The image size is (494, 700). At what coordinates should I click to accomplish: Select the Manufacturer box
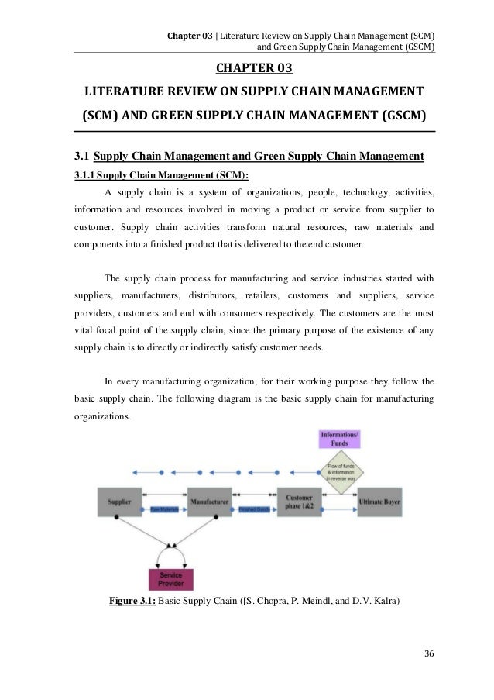[x=210, y=502]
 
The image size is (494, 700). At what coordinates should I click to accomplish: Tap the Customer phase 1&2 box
[x=299, y=502]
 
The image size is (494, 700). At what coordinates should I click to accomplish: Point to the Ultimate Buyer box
[x=385, y=502]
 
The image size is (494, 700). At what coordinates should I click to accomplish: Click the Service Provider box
[x=171, y=579]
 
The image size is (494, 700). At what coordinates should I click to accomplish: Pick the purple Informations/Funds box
[x=339, y=439]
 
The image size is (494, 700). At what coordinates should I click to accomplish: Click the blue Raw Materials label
[x=165, y=509]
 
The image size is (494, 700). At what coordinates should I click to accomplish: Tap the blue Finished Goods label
[x=254, y=509]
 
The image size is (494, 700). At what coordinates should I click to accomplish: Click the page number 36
[x=430, y=653]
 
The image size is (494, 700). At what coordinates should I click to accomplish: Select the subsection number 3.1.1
[x=85, y=174]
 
